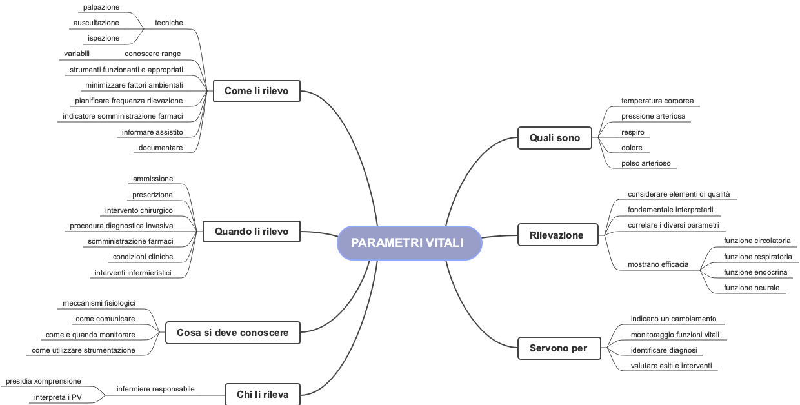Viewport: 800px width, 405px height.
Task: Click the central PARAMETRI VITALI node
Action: click(409, 243)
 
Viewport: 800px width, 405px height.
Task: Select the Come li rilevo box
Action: click(256, 92)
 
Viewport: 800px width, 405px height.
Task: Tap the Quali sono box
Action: click(554, 138)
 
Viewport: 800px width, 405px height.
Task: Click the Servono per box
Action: click(558, 348)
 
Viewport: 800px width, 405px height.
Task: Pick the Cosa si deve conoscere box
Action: click(232, 333)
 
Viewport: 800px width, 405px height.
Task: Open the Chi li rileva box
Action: click(263, 395)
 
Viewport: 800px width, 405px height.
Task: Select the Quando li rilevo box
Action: click(252, 231)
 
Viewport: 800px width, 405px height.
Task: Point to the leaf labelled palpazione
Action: click(101, 7)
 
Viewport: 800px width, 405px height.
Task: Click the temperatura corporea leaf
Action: click(657, 101)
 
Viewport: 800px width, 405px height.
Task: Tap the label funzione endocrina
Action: click(755, 272)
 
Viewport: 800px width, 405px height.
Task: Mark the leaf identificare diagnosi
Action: click(663, 350)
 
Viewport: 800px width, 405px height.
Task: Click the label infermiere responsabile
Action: click(155, 389)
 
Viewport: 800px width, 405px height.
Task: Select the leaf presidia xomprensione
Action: click(43, 381)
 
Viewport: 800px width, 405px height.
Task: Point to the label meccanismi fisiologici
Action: click(99, 303)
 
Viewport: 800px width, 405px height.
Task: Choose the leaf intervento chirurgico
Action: click(139, 210)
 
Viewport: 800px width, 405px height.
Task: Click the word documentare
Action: click(160, 148)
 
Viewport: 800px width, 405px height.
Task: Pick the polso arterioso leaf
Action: click(646, 163)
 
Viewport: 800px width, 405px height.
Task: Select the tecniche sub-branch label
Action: click(169, 23)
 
